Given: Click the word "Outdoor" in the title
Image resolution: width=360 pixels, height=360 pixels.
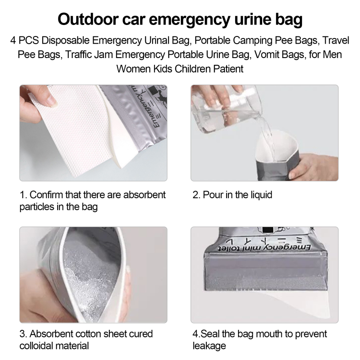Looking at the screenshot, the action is pyautogui.click(x=88, y=19).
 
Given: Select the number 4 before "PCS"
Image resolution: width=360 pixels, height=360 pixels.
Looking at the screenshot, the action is pyautogui.click(x=13, y=41).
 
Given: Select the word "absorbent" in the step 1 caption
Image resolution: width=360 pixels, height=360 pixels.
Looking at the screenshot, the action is pyautogui.click(x=144, y=195).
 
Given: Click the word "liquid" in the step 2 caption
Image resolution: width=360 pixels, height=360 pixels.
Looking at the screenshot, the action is pyautogui.click(x=261, y=195).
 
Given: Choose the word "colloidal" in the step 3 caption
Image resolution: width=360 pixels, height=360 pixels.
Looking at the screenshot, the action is pyautogui.click(x=36, y=346).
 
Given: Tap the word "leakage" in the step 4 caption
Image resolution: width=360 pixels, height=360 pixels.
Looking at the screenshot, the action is pyautogui.click(x=209, y=346).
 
